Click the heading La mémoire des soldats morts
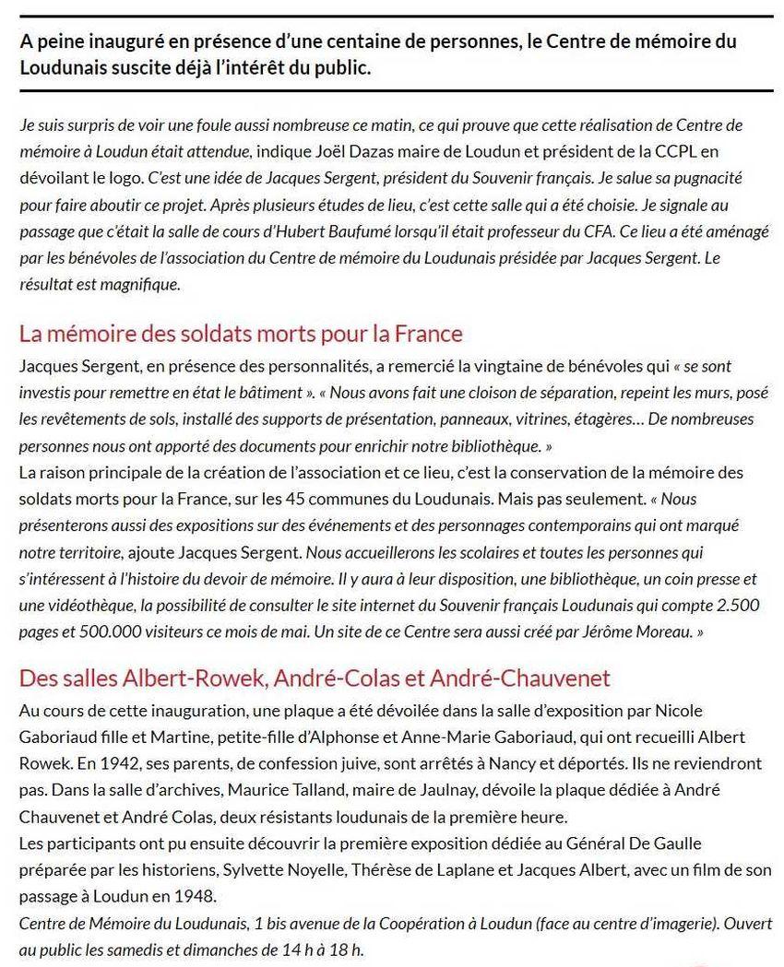click(x=241, y=333)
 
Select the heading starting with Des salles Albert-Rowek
click(x=315, y=679)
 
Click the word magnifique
click(x=140, y=285)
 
